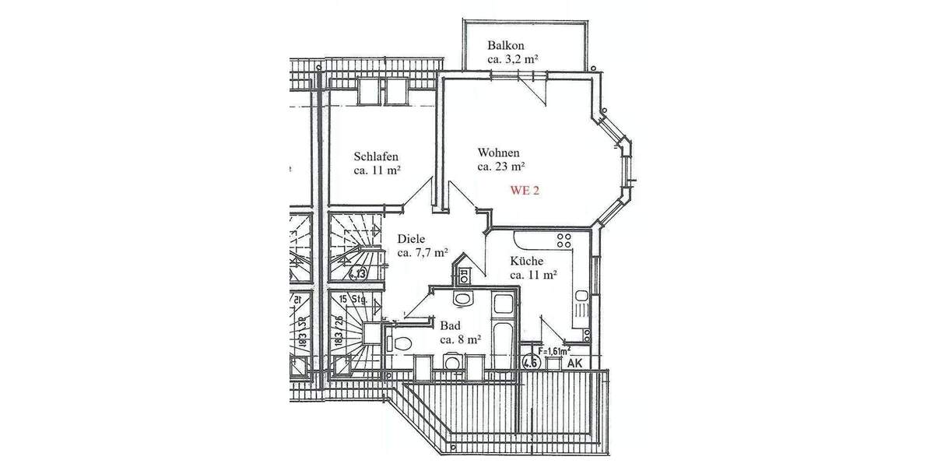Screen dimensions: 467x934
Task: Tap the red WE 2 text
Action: tap(525, 190)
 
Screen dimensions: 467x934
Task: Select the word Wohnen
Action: tap(498, 153)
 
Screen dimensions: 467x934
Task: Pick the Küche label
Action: tap(527, 262)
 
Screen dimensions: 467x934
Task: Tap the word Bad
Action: tap(449, 326)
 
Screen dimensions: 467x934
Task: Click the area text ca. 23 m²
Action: tap(501, 166)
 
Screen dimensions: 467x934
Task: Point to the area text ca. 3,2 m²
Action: tap(514, 59)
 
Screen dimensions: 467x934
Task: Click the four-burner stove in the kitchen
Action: tap(563, 239)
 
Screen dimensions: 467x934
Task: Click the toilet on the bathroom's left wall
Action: tap(401, 343)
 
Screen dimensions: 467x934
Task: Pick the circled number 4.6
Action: tap(531, 361)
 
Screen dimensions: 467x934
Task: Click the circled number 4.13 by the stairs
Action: tap(358, 273)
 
